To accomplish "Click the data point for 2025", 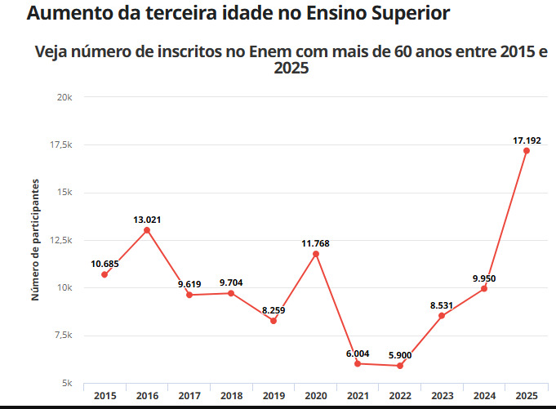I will (x=527, y=151).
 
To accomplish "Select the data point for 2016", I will (x=147, y=230).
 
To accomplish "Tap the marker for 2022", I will (x=400, y=366).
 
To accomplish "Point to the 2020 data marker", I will (x=316, y=254).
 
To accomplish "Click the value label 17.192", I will (x=527, y=140).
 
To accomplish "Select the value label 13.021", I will (x=147, y=219).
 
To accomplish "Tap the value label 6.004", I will (x=358, y=353).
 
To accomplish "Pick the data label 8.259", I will (x=274, y=310).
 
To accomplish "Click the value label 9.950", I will (x=484, y=278).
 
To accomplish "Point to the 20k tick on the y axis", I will (x=66, y=97).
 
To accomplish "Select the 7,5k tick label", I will (x=64, y=336).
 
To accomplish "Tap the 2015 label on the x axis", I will (x=105, y=395).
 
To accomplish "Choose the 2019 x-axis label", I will (x=274, y=395).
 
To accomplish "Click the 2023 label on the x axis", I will (x=442, y=395).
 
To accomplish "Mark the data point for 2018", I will (x=231, y=293).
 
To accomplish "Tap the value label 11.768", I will (x=316, y=243).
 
